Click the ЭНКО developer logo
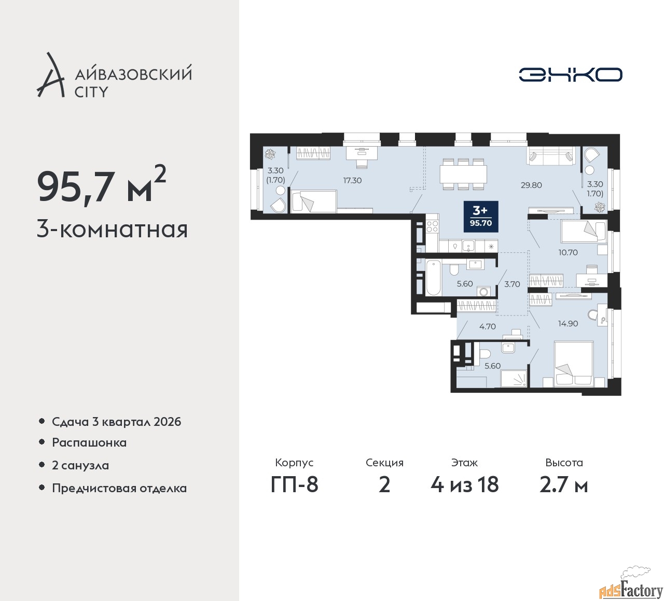(x=570, y=74)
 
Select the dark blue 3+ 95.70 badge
(x=481, y=217)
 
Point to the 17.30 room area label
(x=352, y=180)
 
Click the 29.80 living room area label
(x=531, y=185)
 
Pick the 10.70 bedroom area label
(x=568, y=252)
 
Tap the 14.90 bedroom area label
(x=568, y=324)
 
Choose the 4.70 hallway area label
(x=488, y=326)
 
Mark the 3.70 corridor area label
(x=512, y=284)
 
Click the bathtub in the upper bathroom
(x=433, y=278)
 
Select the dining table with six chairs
(x=463, y=174)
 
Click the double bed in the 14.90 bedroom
(x=573, y=364)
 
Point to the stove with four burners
(x=432, y=227)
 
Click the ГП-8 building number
(x=294, y=485)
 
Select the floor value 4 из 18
(x=464, y=485)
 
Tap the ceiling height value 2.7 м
(x=564, y=485)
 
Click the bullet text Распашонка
(x=89, y=442)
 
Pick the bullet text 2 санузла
(x=80, y=465)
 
